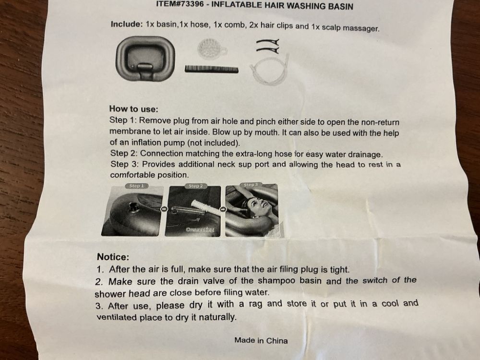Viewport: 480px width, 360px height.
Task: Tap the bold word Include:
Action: [127, 24]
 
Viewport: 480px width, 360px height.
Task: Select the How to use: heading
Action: [134, 109]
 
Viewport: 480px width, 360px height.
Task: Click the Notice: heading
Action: [113, 257]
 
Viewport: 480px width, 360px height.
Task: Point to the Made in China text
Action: [261, 340]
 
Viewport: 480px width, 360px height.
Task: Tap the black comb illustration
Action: [211, 69]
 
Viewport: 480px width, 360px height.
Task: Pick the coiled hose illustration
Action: [269, 71]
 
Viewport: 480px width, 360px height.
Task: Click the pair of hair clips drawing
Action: [268, 46]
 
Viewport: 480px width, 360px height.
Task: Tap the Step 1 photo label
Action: [136, 186]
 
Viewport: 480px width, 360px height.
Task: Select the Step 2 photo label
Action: [195, 186]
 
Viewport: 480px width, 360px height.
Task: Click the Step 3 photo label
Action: [251, 185]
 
